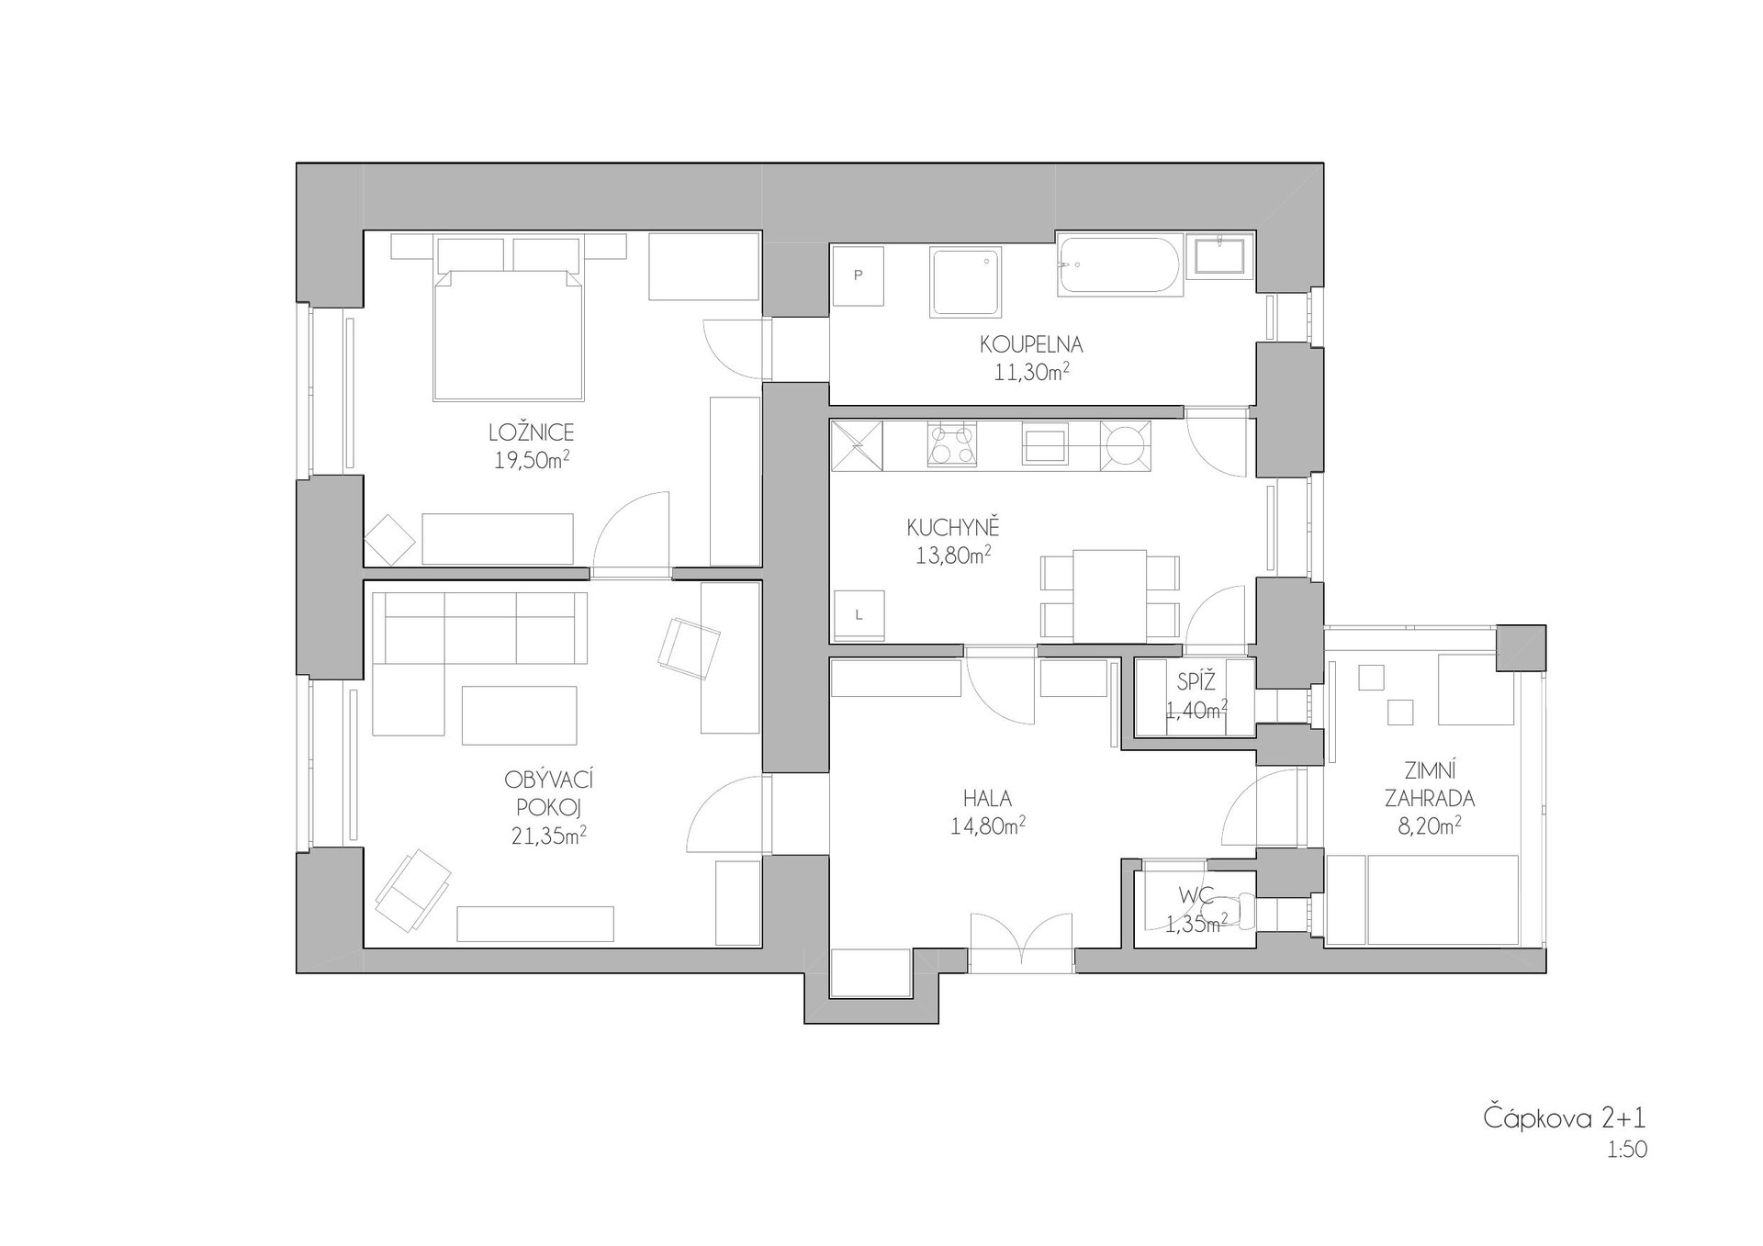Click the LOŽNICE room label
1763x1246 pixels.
point(532,432)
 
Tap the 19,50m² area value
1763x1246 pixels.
point(532,460)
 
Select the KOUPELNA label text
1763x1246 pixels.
point(1031,345)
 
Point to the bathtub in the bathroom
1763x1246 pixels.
point(1117,265)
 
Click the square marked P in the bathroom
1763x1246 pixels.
point(858,275)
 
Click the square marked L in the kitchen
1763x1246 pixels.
point(858,615)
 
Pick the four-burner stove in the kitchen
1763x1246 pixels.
point(951,444)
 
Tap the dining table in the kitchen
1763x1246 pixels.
point(1109,596)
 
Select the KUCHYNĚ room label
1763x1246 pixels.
point(953,528)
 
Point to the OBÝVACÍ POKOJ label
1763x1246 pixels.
point(549,793)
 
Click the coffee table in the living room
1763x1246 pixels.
point(520,715)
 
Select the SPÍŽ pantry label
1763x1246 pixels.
point(1196,682)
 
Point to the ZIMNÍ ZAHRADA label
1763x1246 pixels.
point(1430,784)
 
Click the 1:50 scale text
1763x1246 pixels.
point(1627,1150)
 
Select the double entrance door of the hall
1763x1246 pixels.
point(1021,943)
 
